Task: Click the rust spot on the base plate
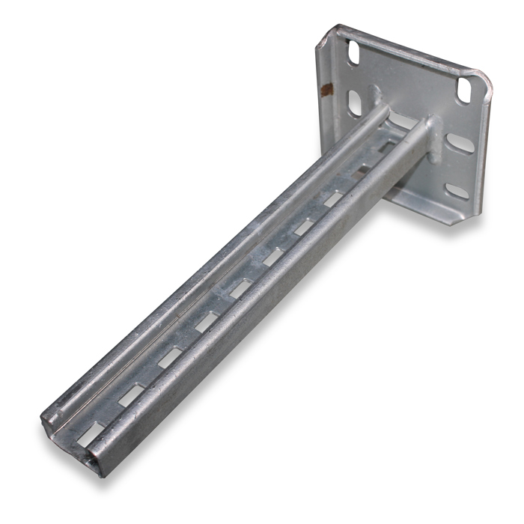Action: pyautogui.click(x=325, y=91)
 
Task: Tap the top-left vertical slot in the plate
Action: pyautogui.click(x=353, y=52)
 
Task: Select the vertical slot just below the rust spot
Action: pyautogui.click(x=354, y=103)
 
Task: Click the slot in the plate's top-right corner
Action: pyautogui.click(x=465, y=88)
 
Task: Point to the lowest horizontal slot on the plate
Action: pyautogui.click(x=456, y=191)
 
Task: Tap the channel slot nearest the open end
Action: pyautogui.click(x=91, y=432)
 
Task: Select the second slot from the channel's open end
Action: pyautogui.click(x=132, y=394)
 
